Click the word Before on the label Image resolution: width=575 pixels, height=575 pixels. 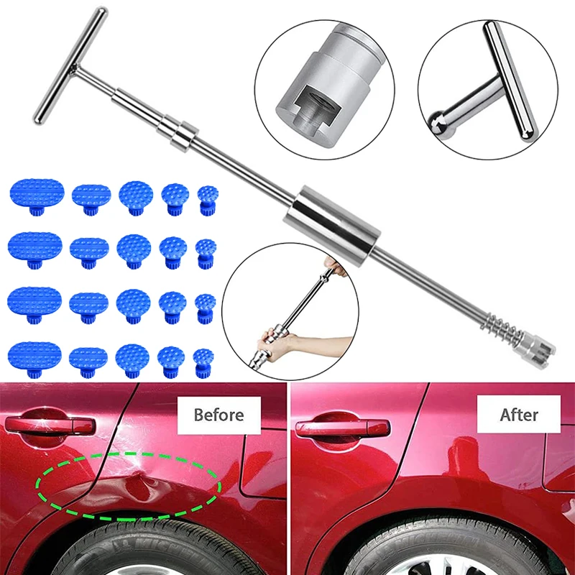[x=218, y=414]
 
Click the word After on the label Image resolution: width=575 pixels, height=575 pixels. [x=519, y=414]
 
